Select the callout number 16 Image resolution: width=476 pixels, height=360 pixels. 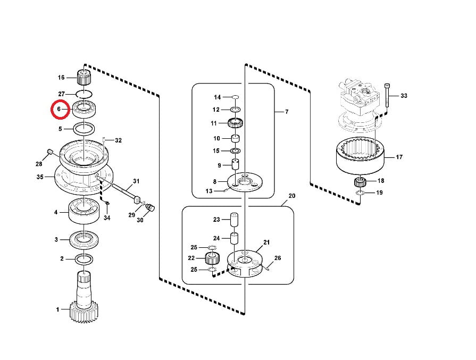(x=61, y=78)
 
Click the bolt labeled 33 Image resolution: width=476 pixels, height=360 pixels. (x=387, y=95)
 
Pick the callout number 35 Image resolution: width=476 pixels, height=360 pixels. (x=40, y=177)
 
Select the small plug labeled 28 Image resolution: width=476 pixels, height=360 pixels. (x=50, y=151)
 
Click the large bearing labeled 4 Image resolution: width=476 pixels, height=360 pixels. (x=84, y=211)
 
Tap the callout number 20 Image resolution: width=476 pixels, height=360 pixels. (x=292, y=196)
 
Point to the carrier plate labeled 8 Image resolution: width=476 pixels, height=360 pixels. (x=245, y=182)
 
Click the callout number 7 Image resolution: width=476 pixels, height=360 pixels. (x=287, y=112)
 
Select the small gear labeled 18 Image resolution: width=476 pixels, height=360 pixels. (x=360, y=182)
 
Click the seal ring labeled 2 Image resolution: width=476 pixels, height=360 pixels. (x=84, y=259)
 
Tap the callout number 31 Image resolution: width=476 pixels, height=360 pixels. (x=136, y=181)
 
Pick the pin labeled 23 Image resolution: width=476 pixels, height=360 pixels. (x=234, y=220)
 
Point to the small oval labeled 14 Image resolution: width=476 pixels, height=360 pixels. (x=235, y=97)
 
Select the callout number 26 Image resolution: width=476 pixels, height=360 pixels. (x=278, y=258)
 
